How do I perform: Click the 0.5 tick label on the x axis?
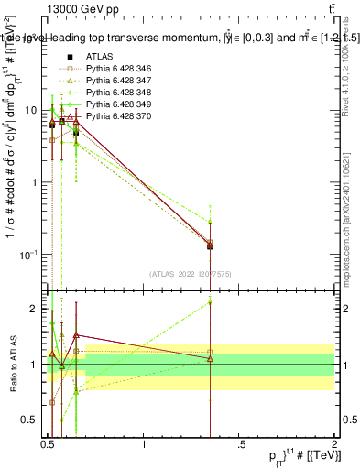tap(48, 445)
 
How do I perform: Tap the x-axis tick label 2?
tap(334, 445)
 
